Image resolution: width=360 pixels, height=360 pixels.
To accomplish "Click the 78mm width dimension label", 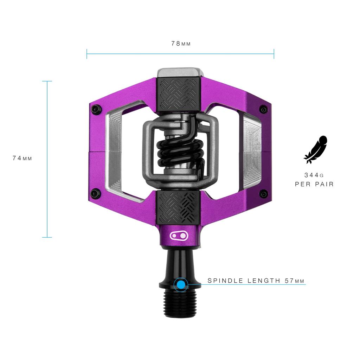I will pos(181,44).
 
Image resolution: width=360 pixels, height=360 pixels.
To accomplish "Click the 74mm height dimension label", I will pos(22,158).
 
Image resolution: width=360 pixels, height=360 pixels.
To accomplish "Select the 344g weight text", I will pos(314,175).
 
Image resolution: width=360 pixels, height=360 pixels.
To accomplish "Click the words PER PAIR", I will pos(314,184).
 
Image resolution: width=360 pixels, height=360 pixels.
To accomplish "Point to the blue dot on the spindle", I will pos(181,285).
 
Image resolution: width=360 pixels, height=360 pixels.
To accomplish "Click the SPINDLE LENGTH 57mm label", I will pos(256,281).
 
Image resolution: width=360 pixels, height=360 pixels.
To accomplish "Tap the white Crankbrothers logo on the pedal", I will pos(179,235).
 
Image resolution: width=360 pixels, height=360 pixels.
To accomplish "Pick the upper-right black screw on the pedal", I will pos(263,109).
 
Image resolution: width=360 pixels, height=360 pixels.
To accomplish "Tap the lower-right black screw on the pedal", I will pos(263,193).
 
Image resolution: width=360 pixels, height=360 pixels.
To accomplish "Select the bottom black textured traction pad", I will pos(179,207).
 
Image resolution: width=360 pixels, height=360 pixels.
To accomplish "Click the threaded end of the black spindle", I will pos(180,303).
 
